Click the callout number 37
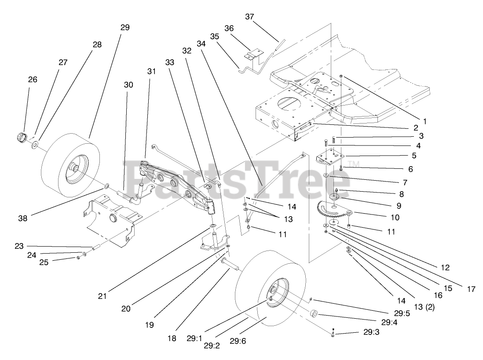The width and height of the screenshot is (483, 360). tap(249, 17)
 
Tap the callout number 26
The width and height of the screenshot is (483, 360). tap(33, 80)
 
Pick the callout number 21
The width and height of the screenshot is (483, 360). tap(102, 296)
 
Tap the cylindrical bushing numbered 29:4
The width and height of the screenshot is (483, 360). tap(315, 314)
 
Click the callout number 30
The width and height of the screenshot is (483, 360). tap(128, 84)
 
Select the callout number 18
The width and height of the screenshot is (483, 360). tap(172, 338)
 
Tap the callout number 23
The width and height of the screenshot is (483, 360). tap(18, 246)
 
